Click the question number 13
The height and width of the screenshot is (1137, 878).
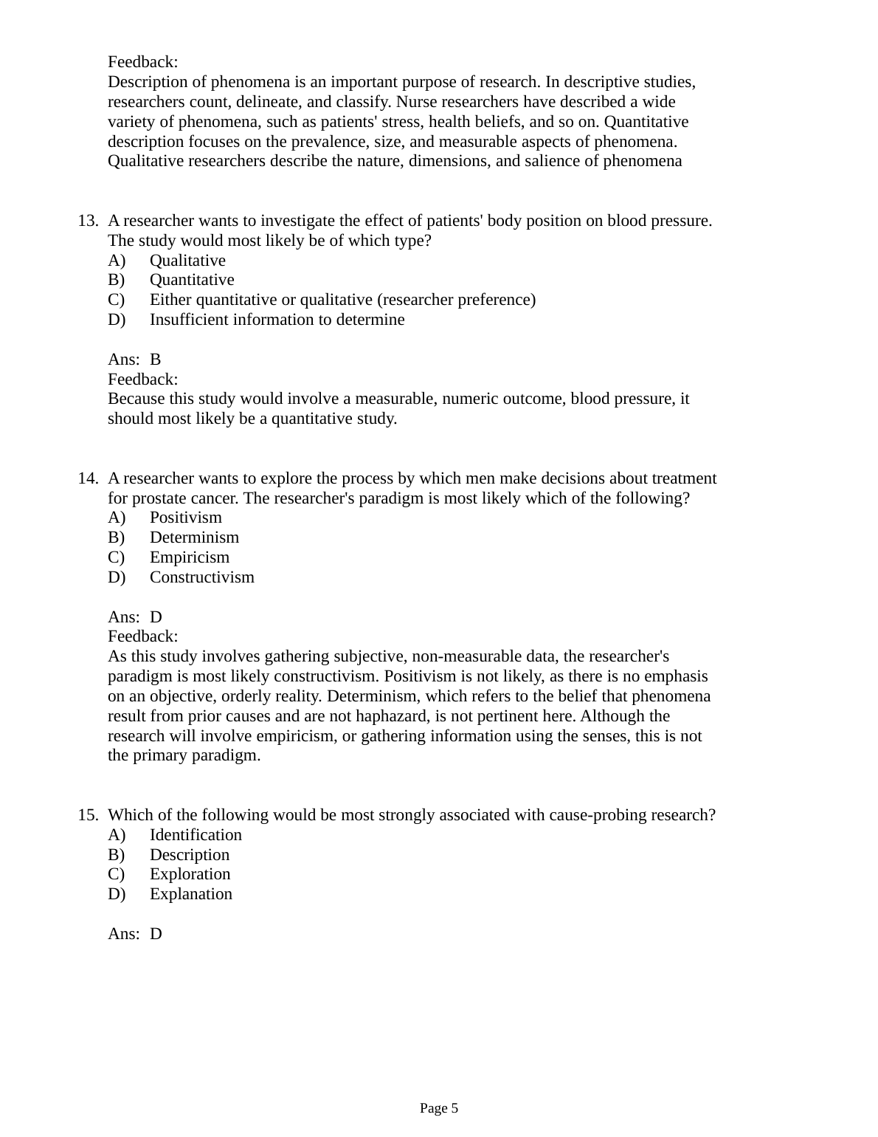point(88,221)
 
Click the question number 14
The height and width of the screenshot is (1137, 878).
point(88,478)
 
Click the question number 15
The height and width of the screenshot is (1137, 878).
point(88,815)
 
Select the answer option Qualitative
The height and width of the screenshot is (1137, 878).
point(187,261)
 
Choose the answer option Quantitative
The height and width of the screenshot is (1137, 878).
point(192,280)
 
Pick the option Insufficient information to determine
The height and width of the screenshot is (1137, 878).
point(277,320)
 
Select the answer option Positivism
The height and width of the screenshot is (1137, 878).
point(185,518)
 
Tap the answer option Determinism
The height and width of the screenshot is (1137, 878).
point(194,537)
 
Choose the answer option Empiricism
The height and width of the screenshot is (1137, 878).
point(189,557)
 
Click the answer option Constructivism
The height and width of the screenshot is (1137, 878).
point(201,577)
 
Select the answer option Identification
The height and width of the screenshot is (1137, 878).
point(196,835)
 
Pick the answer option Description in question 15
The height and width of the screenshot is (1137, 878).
point(189,855)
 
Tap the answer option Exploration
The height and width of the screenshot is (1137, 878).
point(190,874)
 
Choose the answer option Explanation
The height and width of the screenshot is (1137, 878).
point(190,894)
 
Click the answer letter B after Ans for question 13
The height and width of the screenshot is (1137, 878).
point(155,360)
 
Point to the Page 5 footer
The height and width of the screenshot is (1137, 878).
point(439,1108)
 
